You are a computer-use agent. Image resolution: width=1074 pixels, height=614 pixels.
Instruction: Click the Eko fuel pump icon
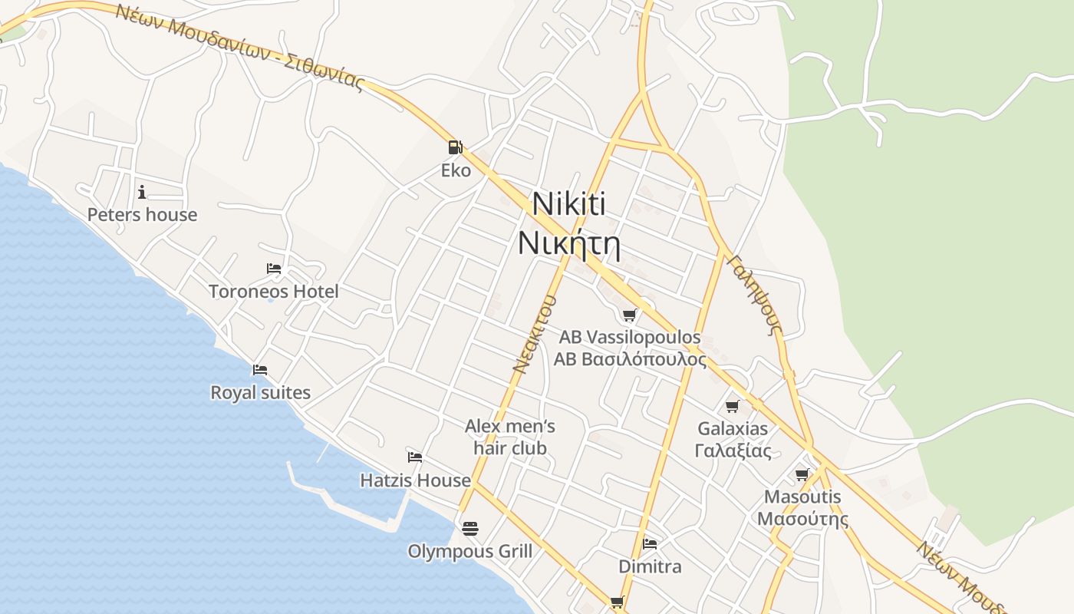pyautogui.click(x=456, y=147)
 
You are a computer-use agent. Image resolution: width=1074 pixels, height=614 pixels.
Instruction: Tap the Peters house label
pyautogui.click(x=142, y=215)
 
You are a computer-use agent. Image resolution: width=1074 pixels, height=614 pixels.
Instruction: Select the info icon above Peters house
pyautogui.click(x=142, y=192)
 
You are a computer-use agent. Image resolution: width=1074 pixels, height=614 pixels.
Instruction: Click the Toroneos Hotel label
pyautogui.click(x=273, y=292)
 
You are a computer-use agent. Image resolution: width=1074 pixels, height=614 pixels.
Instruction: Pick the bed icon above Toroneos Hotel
pyautogui.click(x=274, y=269)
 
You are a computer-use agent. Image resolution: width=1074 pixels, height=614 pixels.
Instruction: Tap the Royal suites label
pyautogui.click(x=261, y=393)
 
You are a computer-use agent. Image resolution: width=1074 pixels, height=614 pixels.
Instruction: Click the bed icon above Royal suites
pyautogui.click(x=260, y=370)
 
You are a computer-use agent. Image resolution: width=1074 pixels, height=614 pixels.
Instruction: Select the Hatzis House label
pyautogui.click(x=415, y=480)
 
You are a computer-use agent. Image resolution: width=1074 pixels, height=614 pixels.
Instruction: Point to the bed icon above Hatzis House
pyautogui.click(x=415, y=457)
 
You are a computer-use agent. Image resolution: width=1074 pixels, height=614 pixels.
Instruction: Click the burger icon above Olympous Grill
pyautogui.click(x=470, y=528)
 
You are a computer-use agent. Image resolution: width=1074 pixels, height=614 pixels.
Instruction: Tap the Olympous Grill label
pyautogui.click(x=469, y=551)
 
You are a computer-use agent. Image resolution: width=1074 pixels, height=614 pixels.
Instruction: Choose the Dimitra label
pyautogui.click(x=650, y=567)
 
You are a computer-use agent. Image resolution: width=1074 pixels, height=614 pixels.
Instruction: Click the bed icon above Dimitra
pyautogui.click(x=650, y=544)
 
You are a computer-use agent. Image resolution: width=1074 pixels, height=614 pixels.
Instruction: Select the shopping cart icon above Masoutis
pyautogui.click(x=802, y=474)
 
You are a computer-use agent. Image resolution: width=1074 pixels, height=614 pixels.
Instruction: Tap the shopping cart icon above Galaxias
pyautogui.click(x=733, y=406)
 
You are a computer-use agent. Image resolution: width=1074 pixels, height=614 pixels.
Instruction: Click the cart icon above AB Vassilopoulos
pyautogui.click(x=630, y=315)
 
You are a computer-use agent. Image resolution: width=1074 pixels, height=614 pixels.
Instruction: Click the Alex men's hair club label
pyautogui.click(x=510, y=437)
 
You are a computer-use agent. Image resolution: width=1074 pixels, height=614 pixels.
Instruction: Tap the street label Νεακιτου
pyautogui.click(x=534, y=333)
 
